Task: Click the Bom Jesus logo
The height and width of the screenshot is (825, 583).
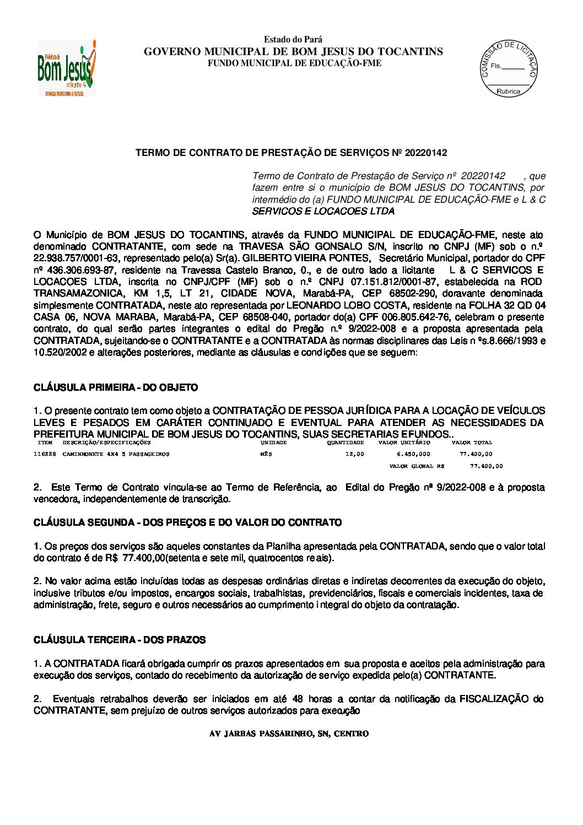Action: tap(67, 68)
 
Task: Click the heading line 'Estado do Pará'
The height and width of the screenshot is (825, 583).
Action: tap(293, 40)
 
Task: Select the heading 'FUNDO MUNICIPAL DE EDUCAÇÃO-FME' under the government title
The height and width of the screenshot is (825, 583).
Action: tap(294, 63)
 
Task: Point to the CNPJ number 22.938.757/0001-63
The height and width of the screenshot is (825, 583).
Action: tap(77, 258)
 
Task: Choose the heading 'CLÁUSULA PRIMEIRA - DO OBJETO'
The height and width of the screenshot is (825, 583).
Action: tap(116, 388)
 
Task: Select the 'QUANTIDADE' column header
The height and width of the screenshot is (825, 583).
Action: tap(346, 443)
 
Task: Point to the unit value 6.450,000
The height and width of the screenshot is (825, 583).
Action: tap(413, 454)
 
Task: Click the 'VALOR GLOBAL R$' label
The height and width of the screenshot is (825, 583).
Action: tap(417, 466)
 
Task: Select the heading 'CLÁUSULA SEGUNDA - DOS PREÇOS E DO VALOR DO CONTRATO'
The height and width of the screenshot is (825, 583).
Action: tap(187, 522)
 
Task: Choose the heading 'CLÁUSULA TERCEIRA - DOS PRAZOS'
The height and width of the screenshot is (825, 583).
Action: tap(120, 640)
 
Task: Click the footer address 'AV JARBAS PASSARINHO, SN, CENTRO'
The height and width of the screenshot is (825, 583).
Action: tap(289, 734)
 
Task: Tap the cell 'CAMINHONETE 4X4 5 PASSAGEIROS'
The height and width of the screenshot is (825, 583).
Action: tap(116, 454)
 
